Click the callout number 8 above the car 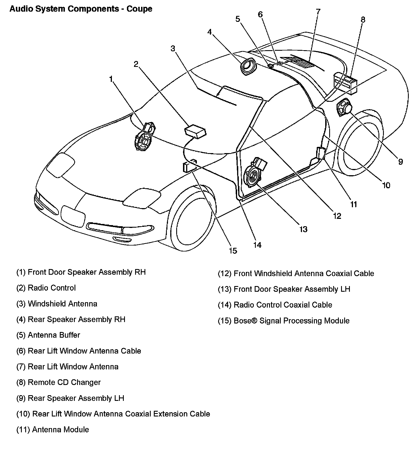tap(363, 20)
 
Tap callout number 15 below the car tap(233, 251)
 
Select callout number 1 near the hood tap(111, 79)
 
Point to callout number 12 tap(337, 216)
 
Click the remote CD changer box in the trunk tap(345, 83)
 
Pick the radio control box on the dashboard tap(195, 131)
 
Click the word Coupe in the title tap(139, 9)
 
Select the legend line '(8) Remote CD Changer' tap(58, 382)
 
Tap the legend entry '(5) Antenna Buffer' tap(48, 335)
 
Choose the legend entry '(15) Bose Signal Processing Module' tap(284, 321)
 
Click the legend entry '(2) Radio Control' tap(46, 288)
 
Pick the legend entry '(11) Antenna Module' tap(53, 430)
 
